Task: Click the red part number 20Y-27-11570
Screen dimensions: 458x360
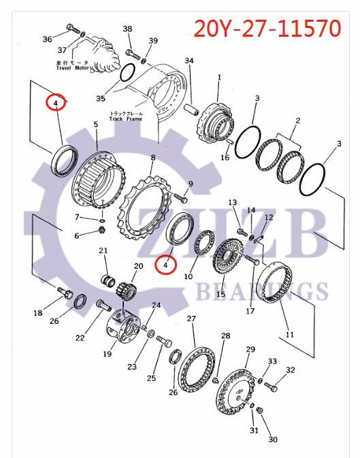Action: point(267,29)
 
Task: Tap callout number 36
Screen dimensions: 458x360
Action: point(47,39)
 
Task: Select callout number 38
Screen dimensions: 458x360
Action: point(127,29)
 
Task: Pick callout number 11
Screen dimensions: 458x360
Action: point(290,335)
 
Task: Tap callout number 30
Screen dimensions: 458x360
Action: point(273,440)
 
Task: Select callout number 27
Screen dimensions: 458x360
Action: point(191,318)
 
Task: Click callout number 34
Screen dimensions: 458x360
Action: point(189,61)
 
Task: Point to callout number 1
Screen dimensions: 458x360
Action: point(219,78)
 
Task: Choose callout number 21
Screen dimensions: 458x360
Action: point(104,250)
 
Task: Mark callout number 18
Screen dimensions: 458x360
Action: point(38,313)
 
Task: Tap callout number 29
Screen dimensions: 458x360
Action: point(250,349)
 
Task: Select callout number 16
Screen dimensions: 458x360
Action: point(225,158)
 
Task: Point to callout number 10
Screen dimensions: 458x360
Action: point(189,276)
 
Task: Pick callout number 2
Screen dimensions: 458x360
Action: point(297,121)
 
